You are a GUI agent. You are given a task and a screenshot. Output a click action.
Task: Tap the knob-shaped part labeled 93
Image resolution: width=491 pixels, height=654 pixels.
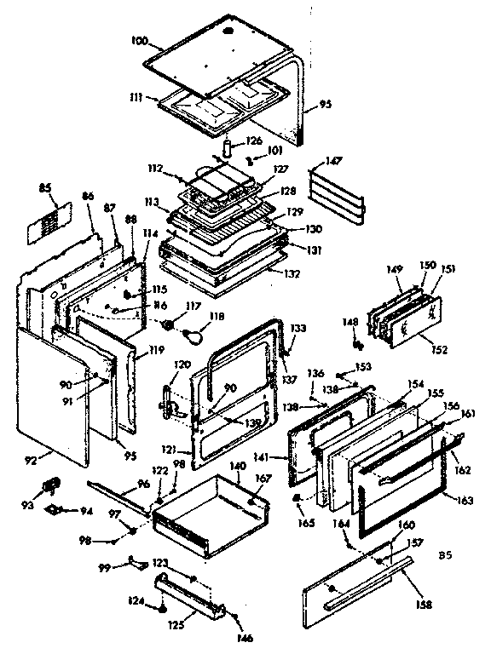[50, 485]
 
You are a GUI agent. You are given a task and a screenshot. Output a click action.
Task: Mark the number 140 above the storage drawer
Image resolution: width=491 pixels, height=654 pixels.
[238, 466]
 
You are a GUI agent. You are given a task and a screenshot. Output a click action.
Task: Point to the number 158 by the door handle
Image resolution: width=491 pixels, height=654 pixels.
[424, 605]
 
